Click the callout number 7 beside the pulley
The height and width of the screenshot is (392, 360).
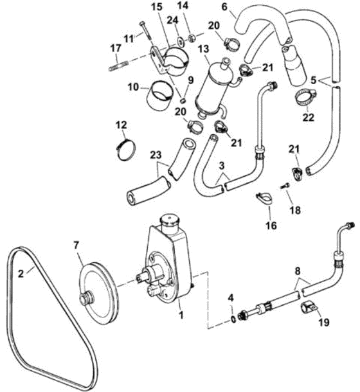coord(76,245)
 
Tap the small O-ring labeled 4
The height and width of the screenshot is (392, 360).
coord(233,319)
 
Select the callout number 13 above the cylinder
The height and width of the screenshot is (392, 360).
coord(203,49)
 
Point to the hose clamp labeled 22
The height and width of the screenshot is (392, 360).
coord(306,98)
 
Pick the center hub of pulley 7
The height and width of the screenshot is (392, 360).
coord(87,299)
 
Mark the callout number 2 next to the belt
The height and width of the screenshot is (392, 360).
coord(21,273)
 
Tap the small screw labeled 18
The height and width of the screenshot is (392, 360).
coord(285,186)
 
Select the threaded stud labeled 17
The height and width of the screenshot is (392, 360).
coord(118,66)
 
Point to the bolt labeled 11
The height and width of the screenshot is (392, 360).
coord(145,30)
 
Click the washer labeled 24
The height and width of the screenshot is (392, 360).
coord(179,41)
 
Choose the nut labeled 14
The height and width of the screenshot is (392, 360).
coord(192,39)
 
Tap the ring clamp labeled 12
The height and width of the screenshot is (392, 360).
coord(126,150)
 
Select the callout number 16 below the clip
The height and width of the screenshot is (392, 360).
coord(271,226)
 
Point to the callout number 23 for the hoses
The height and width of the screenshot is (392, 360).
coord(156,155)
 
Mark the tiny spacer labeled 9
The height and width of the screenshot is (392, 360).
coord(183,100)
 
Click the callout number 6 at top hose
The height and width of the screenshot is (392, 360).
coord(224,7)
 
